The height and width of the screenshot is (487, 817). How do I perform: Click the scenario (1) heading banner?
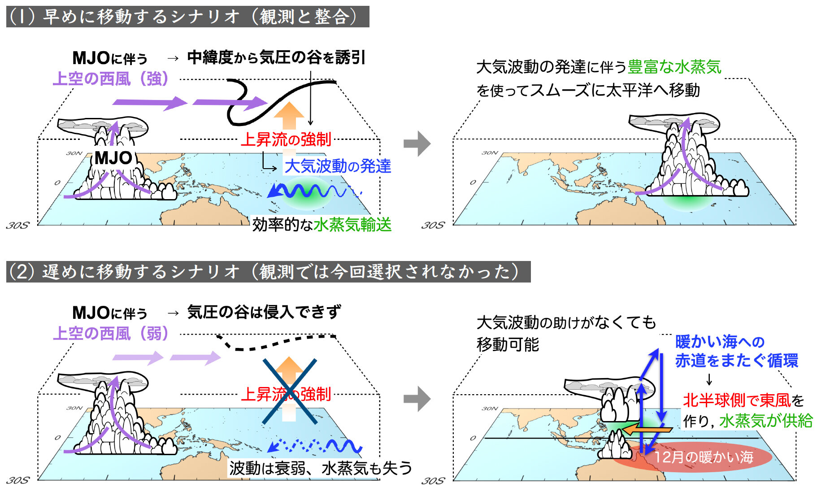coord(187,17)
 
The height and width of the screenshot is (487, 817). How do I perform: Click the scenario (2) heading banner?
coord(268,272)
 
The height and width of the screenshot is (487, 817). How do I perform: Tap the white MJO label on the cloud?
coord(113,158)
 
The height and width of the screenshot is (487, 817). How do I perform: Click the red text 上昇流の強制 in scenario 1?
coord(286,139)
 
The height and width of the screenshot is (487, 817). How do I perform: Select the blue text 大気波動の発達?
coord(338,166)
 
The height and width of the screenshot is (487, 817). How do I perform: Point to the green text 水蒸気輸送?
coord(352,225)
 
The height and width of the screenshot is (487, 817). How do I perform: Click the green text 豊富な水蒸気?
coord(674,67)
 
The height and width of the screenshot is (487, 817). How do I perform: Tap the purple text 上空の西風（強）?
coord(111,78)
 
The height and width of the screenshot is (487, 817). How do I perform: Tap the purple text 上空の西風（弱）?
coord(111,333)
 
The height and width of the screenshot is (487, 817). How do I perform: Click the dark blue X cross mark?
coord(289,391)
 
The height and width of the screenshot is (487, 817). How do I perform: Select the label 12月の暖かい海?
coord(703,457)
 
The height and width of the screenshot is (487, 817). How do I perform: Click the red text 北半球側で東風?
coord(736,400)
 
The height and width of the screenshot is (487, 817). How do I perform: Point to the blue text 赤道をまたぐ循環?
coord(736,361)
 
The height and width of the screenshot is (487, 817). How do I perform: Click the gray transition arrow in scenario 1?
coord(417,143)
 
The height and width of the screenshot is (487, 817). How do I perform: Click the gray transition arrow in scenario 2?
coord(417,399)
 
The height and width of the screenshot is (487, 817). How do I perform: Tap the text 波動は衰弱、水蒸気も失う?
coord(321,468)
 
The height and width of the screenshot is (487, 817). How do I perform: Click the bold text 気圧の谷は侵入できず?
coord(264,312)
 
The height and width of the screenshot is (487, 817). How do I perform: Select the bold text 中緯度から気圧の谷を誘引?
coord(276,57)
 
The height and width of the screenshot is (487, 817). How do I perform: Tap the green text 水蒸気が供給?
coord(766,421)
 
